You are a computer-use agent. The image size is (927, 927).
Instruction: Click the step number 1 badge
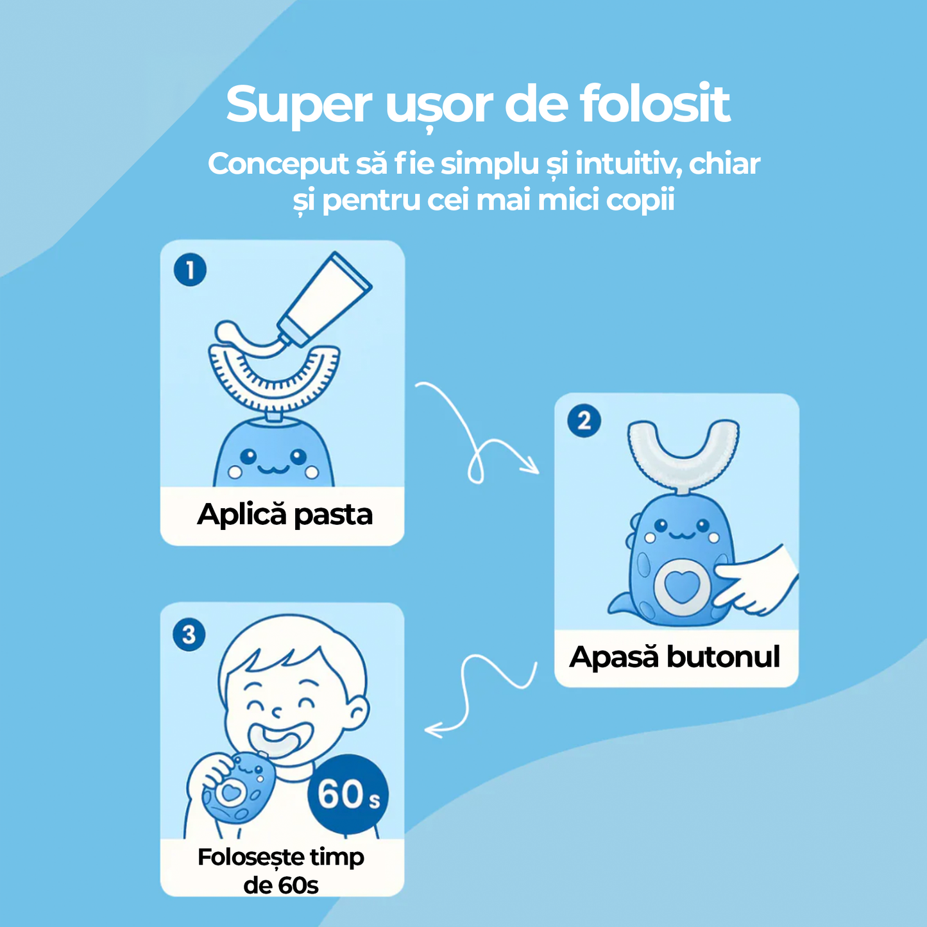(190, 270)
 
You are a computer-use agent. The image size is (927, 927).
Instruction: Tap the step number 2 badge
(584, 421)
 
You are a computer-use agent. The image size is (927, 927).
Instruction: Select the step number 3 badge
(189, 635)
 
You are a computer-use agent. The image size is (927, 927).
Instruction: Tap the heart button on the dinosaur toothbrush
(681, 586)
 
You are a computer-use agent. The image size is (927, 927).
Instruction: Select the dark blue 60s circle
(348, 794)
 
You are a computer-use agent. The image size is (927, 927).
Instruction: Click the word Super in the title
(298, 105)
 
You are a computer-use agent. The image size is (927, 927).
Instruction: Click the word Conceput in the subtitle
(277, 164)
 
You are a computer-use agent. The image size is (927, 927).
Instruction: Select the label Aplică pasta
(285, 515)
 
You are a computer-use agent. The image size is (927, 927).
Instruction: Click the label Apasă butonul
(675, 657)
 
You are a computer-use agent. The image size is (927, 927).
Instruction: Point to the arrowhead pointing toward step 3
(433, 729)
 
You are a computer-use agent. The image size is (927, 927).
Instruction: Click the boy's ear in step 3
(357, 712)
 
